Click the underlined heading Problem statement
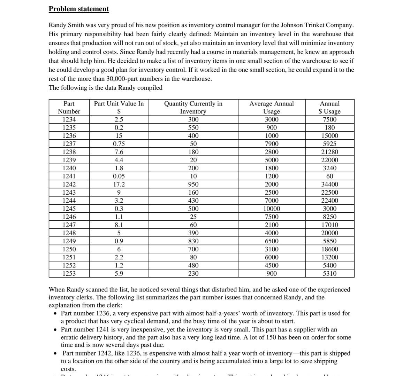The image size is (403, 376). (x=79, y=9)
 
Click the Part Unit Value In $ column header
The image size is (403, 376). (x=119, y=107)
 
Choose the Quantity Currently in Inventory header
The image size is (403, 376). (x=193, y=107)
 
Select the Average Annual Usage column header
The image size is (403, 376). (x=271, y=107)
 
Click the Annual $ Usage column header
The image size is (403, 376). (x=329, y=107)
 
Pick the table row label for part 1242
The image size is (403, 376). (x=69, y=184)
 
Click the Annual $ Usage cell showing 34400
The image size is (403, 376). (x=329, y=184)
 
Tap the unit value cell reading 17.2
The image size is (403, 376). (x=119, y=184)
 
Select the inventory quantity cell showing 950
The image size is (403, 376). (x=193, y=184)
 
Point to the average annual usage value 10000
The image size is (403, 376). (x=271, y=209)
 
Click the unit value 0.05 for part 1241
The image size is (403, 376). (x=119, y=176)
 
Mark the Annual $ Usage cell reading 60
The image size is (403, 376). (x=329, y=176)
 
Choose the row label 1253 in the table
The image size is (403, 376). (x=69, y=273)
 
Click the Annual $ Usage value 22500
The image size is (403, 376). (x=329, y=193)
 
